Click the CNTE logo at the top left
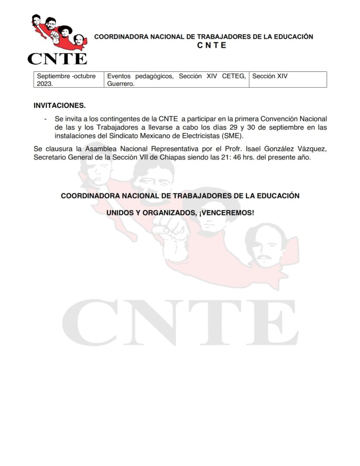point(57,39)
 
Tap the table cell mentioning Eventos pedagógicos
point(176,79)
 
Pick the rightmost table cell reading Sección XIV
point(270,75)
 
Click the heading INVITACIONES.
point(60,106)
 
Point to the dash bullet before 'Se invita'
point(45,119)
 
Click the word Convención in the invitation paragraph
point(273,119)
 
